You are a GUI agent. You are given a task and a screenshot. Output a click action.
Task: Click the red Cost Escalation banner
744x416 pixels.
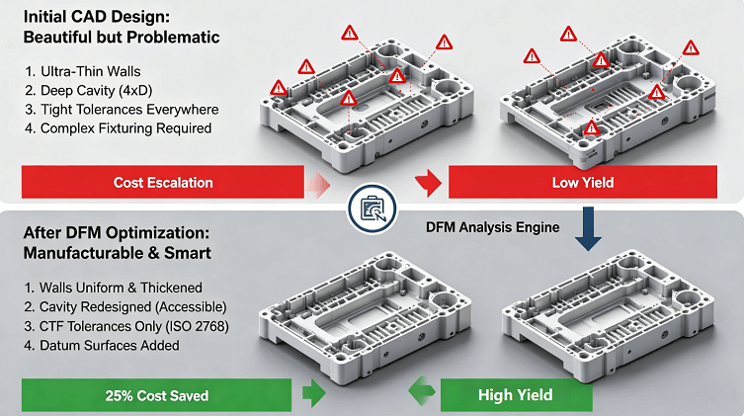pyautogui.click(x=163, y=182)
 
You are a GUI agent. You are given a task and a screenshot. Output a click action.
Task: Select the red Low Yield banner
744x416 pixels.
pyautogui.click(x=583, y=182)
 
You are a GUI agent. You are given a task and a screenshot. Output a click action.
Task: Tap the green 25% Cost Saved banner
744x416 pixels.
pyautogui.click(x=156, y=395)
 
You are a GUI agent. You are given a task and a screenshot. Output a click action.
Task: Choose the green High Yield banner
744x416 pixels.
pyautogui.click(x=516, y=395)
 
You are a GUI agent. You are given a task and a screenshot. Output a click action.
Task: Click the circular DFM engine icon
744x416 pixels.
pyautogui.click(x=372, y=208)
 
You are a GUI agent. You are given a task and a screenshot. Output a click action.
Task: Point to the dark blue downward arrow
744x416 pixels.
pyautogui.click(x=588, y=228)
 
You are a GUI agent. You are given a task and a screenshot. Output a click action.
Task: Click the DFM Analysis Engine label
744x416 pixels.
pyautogui.click(x=492, y=227)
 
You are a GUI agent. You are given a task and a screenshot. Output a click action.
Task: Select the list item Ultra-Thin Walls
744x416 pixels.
pyautogui.click(x=83, y=71)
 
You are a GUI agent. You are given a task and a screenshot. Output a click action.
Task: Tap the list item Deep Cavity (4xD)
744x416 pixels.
pyautogui.click(x=89, y=91)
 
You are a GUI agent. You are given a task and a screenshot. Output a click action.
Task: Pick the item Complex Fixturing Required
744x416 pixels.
pyautogui.click(x=119, y=128)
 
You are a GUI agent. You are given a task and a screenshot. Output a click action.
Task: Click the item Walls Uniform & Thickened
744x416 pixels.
pyautogui.click(x=114, y=288)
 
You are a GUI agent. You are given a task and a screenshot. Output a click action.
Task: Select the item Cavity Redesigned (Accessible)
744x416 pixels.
pyautogui.click(x=125, y=307)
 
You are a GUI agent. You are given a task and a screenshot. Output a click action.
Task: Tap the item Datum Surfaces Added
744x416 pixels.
pyautogui.click(x=102, y=345)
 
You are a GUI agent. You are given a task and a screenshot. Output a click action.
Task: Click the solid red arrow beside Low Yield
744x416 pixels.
pyautogui.click(x=429, y=183)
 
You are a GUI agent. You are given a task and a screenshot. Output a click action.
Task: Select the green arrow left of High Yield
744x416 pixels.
pyautogui.click(x=421, y=391)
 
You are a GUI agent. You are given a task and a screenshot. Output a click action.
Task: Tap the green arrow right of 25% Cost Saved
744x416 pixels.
pyautogui.click(x=313, y=393)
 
